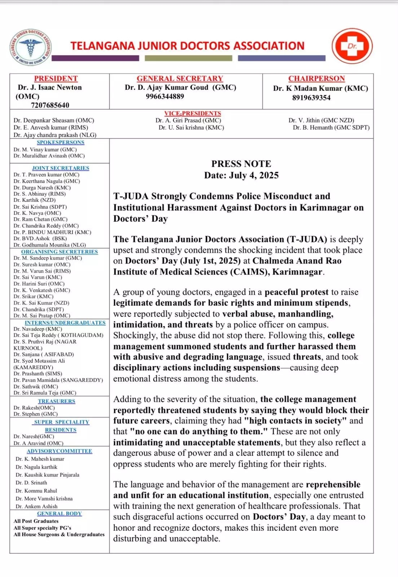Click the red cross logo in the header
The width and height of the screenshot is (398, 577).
coord(352,46)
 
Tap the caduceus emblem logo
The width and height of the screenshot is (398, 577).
coord(31,47)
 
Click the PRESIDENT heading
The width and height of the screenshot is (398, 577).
coord(56,79)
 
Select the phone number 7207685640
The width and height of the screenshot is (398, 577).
coord(50,105)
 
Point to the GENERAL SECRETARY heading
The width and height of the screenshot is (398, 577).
coord(180,79)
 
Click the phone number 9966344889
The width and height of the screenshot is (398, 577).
coord(165,96)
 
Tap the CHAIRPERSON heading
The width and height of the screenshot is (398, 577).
coord(317,79)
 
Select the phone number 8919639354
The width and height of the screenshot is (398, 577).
coord(311,98)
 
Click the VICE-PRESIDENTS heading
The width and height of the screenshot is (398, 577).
coord(193,113)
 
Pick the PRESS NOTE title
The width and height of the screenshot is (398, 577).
coord(241,164)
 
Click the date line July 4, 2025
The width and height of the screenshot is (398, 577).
coord(241,176)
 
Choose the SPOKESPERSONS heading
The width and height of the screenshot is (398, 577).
coord(61,142)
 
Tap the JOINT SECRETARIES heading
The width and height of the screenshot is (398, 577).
coord(61,168)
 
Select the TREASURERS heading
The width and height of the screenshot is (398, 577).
coord(57,401)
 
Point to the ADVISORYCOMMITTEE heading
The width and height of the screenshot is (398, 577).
coord(59,451)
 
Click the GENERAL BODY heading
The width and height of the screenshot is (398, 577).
coord(59,514)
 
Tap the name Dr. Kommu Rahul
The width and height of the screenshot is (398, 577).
coord(36,491)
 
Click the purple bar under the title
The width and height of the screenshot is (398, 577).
coord(95,58)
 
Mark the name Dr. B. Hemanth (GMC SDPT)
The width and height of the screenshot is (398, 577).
coord(331,127)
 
